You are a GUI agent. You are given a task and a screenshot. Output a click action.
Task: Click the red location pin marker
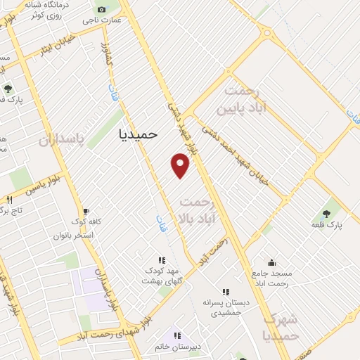point(181,165)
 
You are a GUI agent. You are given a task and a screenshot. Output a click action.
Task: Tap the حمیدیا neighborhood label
point(139,132)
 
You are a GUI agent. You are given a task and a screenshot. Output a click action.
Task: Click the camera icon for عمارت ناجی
point(102,9)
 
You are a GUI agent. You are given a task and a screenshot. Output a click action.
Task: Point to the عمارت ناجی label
point(103,20)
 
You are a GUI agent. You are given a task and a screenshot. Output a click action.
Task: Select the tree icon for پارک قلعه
point(327,213)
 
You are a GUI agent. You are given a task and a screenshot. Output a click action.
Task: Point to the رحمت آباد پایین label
point(243,100)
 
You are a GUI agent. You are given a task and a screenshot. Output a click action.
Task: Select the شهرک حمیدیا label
point(280,327)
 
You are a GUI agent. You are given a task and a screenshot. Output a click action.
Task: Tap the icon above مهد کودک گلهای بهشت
point(162,259)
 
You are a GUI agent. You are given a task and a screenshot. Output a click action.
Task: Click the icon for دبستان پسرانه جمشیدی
point(226,291)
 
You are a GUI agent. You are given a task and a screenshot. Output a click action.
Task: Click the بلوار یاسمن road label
point(30,187)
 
